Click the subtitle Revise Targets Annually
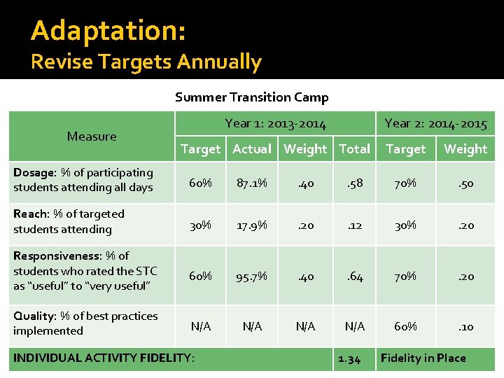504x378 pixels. point(146,62)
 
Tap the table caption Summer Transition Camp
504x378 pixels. point(251,97)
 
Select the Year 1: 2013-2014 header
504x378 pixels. point(275,124)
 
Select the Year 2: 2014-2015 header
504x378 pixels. point(435,124)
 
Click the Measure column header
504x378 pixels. point(92,136)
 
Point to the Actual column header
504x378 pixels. point(252,149)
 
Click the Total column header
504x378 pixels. point(354,149)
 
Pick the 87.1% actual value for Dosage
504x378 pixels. point(252,183)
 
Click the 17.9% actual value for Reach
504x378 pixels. point(252,225)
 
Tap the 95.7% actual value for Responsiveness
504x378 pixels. point(252,276)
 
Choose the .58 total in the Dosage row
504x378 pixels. point(354,183)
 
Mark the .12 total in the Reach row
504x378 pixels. point(354,225)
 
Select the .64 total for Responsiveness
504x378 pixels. point(354,276)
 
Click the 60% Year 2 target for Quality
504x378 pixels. point(405,326)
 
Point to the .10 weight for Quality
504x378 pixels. point(465,326)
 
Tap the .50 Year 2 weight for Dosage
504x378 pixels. point(465,183)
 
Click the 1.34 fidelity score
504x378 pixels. point(349,358)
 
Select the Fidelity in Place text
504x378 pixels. point(423,358)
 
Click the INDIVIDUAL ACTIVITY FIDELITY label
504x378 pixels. point(104,358)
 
